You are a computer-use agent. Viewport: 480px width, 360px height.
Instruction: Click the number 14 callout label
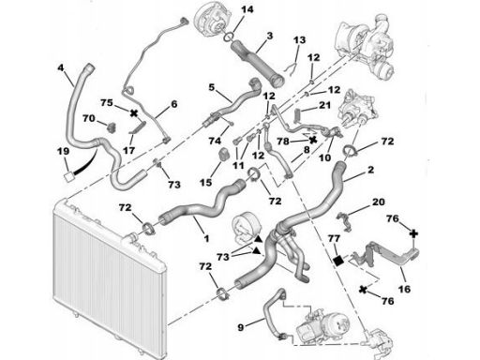247,9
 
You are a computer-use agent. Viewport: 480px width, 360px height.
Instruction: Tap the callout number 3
270,36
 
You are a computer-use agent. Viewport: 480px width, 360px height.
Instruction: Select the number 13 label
299,40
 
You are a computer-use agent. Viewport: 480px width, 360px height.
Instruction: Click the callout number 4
61,67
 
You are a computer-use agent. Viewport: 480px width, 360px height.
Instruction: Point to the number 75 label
107,102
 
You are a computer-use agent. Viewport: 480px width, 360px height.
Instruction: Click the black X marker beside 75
134,113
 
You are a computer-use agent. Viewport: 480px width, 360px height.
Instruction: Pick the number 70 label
89,118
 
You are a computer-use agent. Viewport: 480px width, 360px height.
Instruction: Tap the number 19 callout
63,152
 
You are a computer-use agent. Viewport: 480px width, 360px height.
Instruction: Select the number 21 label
324,105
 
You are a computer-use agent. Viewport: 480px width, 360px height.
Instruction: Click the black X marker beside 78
312,139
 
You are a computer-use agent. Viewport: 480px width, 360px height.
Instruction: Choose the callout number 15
205,182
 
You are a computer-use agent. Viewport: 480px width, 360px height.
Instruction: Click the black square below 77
337,261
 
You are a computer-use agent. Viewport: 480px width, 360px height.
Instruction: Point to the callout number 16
404,289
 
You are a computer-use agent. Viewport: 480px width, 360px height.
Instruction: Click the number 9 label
240,327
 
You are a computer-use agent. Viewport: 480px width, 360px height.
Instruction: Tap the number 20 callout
379,202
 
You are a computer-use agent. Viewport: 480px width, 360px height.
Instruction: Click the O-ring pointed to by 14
229,37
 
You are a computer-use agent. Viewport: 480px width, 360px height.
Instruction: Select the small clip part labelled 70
112,127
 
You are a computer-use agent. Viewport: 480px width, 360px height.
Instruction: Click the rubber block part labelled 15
224,154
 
